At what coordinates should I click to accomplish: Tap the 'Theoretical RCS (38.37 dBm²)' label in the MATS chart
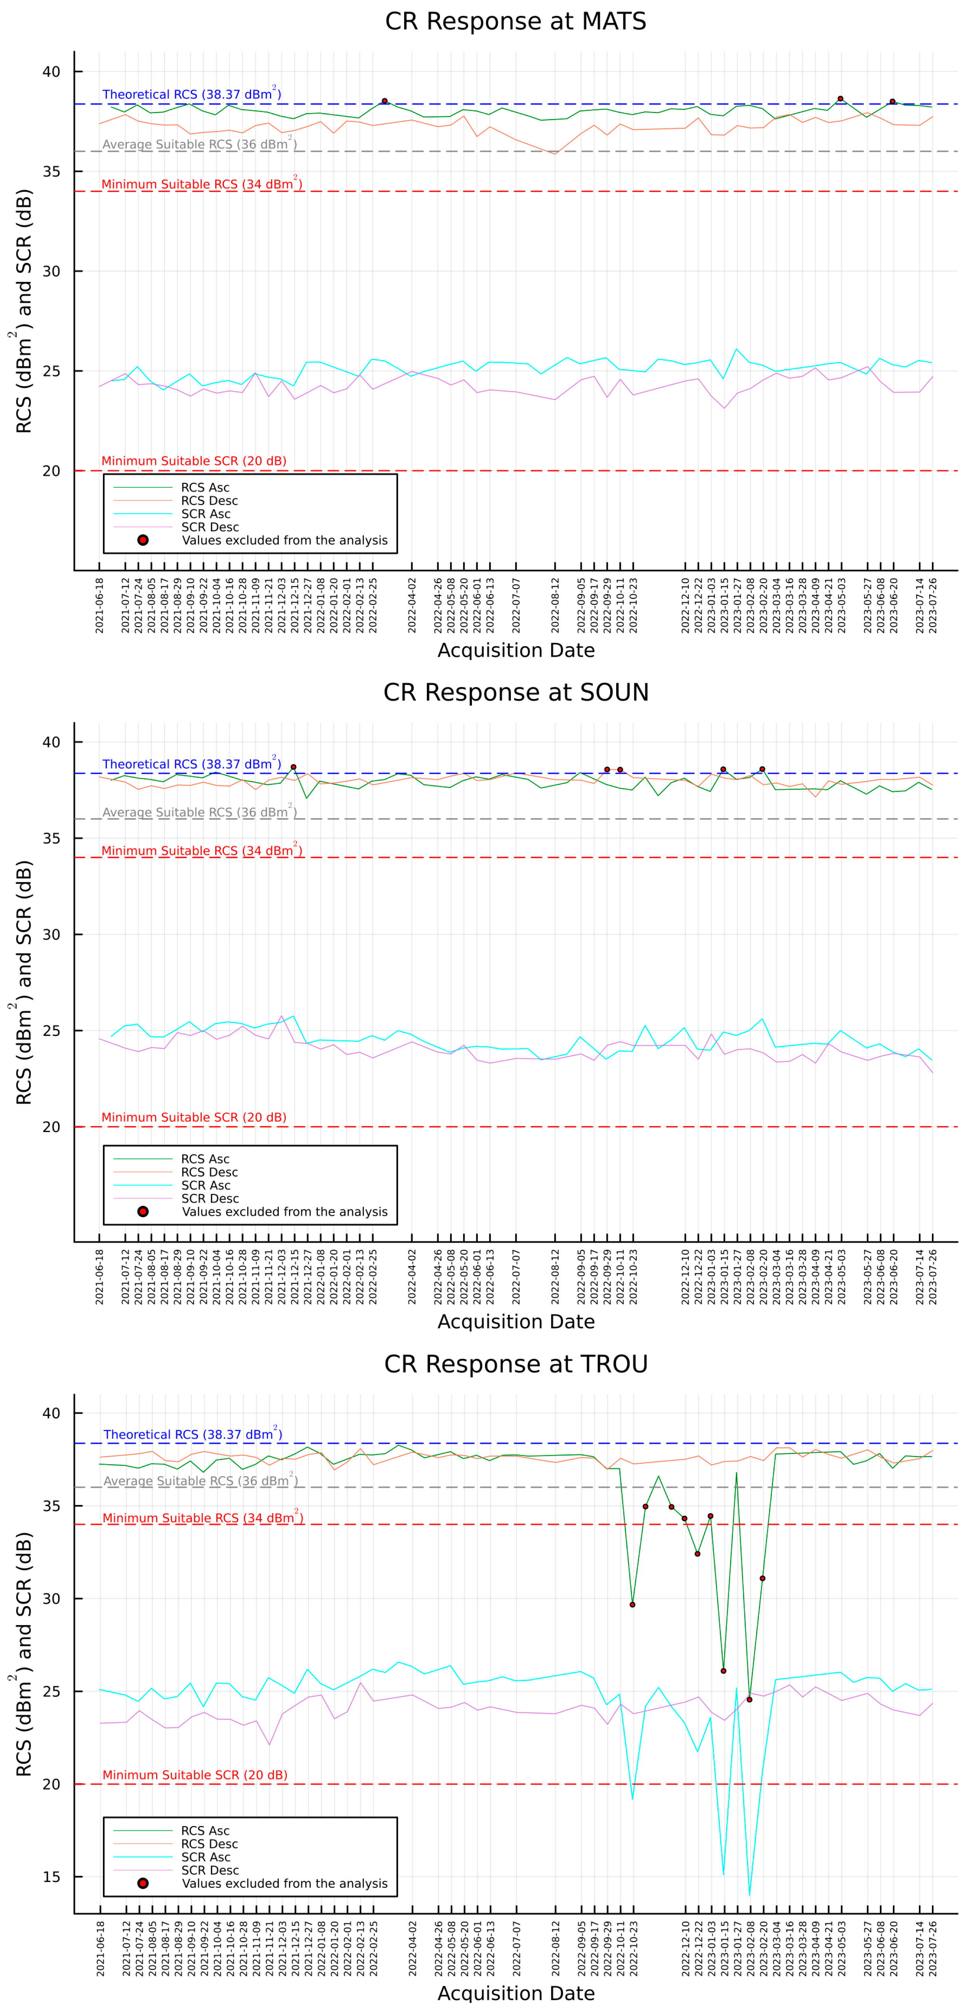tap(191, 95)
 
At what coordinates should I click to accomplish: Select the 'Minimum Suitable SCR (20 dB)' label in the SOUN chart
tap(194, 1117)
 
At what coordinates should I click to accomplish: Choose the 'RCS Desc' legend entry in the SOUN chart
tap(209, 1172)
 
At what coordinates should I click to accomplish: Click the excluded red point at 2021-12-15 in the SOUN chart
tap(293, 767)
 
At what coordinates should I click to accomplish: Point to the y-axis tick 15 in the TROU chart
tap(52, 1876)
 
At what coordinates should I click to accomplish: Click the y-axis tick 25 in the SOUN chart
tap(52, 1031)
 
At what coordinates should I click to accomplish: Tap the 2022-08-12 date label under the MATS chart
tap(555, 605)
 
